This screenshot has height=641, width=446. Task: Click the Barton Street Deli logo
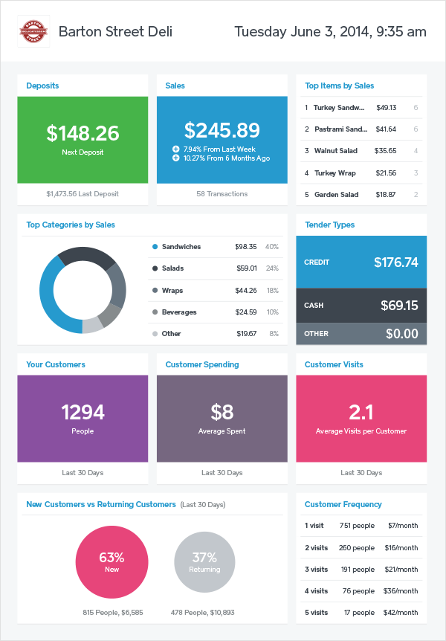(34, 31)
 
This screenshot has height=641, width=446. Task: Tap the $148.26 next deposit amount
(83, 133)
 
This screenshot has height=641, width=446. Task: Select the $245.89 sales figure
(222, 130)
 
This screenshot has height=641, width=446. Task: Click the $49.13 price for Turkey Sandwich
(387, 107)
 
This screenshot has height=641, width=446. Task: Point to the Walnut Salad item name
(335, 151)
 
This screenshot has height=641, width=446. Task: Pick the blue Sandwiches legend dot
(155, 247)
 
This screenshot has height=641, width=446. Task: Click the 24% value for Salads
(272, 268)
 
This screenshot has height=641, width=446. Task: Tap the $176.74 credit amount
(396, 262)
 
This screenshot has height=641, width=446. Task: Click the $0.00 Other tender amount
(402, 334)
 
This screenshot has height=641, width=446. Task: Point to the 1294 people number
(83, 412)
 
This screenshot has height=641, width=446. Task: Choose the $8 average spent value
(222, 412)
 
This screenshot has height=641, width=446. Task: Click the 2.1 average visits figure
(361, 412)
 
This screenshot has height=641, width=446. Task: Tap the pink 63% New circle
(111, 562)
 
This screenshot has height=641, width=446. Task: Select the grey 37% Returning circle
(204, 562)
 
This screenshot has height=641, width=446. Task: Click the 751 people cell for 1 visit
(357, 526)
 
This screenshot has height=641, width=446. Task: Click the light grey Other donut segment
(92, 325)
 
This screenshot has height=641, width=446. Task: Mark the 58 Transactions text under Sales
(222, 194)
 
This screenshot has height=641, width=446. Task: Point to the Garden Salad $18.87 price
(387, 195)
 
